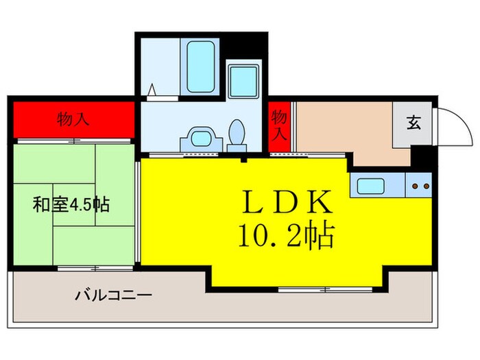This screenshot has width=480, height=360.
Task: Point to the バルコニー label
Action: tap(113, 296)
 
